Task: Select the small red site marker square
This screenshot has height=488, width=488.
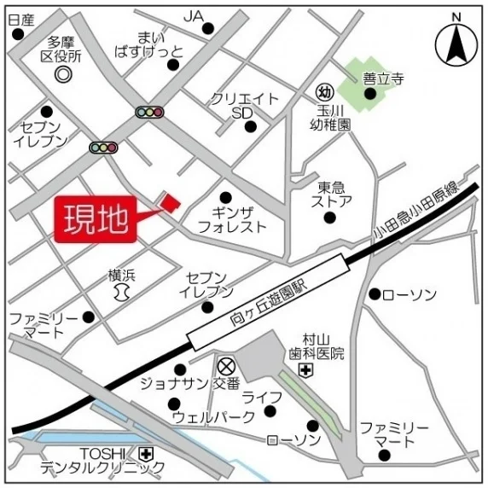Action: tap(171, 201)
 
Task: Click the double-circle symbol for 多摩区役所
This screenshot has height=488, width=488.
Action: tap(63, 74)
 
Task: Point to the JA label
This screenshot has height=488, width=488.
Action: tap(194, 15)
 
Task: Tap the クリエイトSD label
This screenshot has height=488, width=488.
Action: tap(244, 106)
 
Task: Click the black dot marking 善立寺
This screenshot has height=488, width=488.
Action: tap(369, 94)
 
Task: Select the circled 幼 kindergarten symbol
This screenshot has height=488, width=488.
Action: tap(324, 90)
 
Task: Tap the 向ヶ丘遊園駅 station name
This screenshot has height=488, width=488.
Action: tap(272, 305)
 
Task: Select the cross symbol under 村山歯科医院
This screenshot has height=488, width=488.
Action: tap(305, 369)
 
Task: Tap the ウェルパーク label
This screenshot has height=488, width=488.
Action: tap(212, 417)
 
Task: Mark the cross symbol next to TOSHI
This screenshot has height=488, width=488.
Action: tap(147, 453)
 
